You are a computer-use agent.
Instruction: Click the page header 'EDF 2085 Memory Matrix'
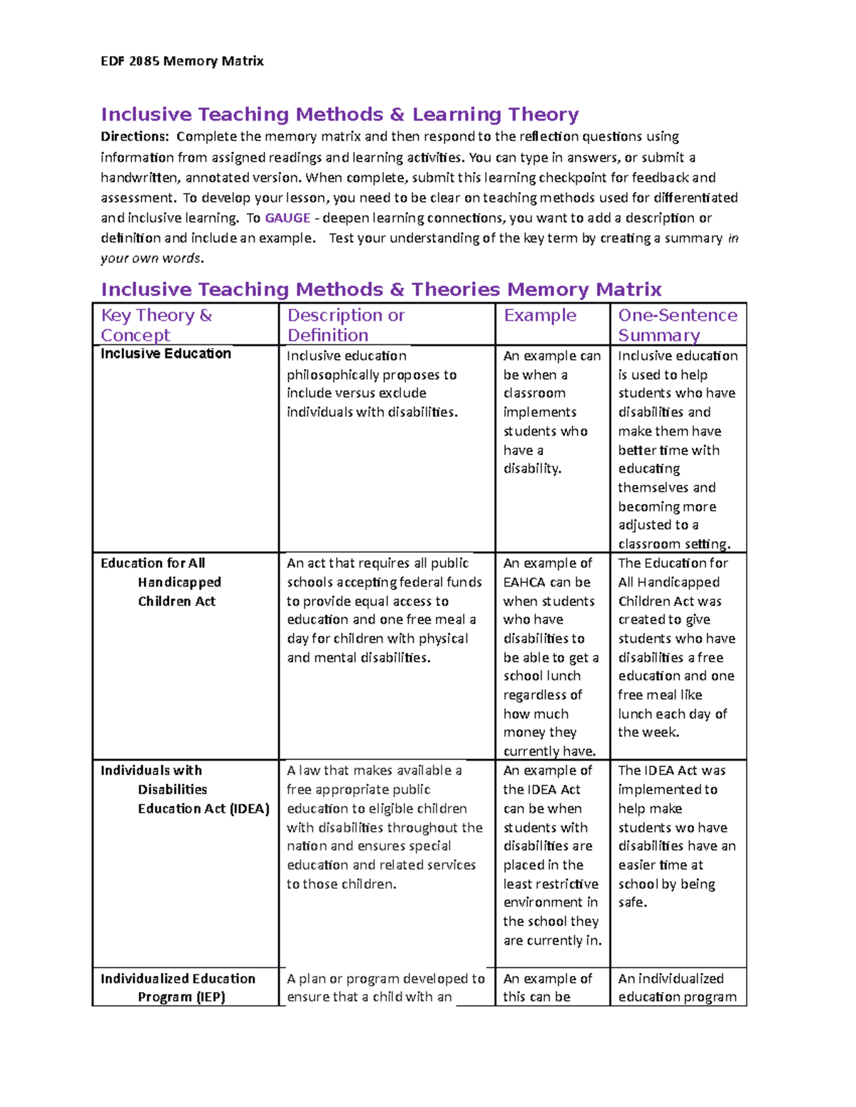click(182, 61)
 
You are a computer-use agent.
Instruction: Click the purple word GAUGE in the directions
click(287, 218)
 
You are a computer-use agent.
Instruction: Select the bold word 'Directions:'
click(135, 137)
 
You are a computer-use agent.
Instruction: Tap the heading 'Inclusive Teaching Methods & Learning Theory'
click(340, 115)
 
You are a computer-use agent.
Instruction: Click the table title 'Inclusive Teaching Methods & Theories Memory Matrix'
click(381, 289)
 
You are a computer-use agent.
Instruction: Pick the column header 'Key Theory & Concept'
click(156, 325)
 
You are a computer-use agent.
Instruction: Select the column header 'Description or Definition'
click(346, 325)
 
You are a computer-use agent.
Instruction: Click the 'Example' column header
click(540, 316)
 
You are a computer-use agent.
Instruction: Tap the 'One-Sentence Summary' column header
click(677, 325)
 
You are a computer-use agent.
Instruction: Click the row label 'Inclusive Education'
click(165, 354)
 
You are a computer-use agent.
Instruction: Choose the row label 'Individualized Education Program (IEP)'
click(178, 987)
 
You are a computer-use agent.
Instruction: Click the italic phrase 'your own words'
click(151, 258)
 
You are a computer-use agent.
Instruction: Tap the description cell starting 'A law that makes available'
click(384, 827)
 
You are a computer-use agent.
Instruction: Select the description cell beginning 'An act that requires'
click(384, 610)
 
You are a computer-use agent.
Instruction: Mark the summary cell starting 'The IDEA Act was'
click(676, 836)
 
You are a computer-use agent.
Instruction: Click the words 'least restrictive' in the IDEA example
click(551, 884)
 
